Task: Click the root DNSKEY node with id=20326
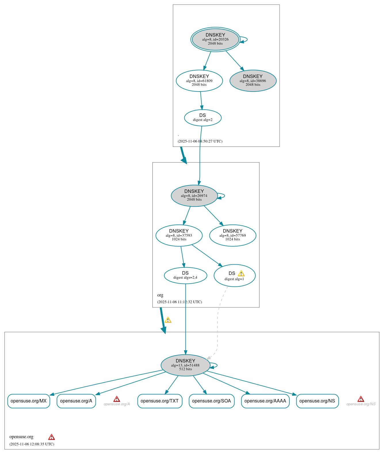(x=215, y=39)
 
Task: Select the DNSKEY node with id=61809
(x=199, y=81)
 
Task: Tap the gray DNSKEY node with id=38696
(x=253, y=81)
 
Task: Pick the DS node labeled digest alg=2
(x=202, y=117)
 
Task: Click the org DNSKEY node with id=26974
(x=194, y=195)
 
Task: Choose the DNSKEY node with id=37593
(x=179, y=235)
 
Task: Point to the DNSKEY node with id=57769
(x=232, y=235)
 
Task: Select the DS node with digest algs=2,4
(x=185, y=275)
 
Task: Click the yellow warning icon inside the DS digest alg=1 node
(x=241, y=273)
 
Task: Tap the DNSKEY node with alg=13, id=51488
(x=185, y=365)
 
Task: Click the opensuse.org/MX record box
(x=28, y=401)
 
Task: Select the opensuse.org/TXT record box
(x=160, y=401)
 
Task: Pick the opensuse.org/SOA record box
(x=211, y=401)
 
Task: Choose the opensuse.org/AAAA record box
(x=265, y=401)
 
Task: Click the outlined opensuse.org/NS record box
(x=317, y=401)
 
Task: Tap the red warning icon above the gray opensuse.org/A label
(x=116, y=399)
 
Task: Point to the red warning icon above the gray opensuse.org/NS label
(x=361, y=399)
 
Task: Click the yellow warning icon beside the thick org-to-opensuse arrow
(x=168, y=320)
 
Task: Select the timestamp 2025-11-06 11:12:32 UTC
(x=179, y=302)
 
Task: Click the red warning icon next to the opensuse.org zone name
(x=51, y=437)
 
